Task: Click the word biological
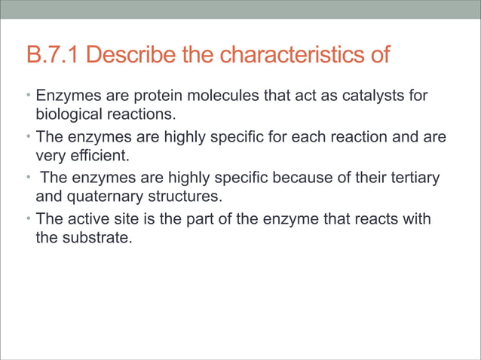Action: click(x=66, y=114)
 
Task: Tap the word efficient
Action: click(x=96, y=156)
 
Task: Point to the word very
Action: click(x=50, y=156)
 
